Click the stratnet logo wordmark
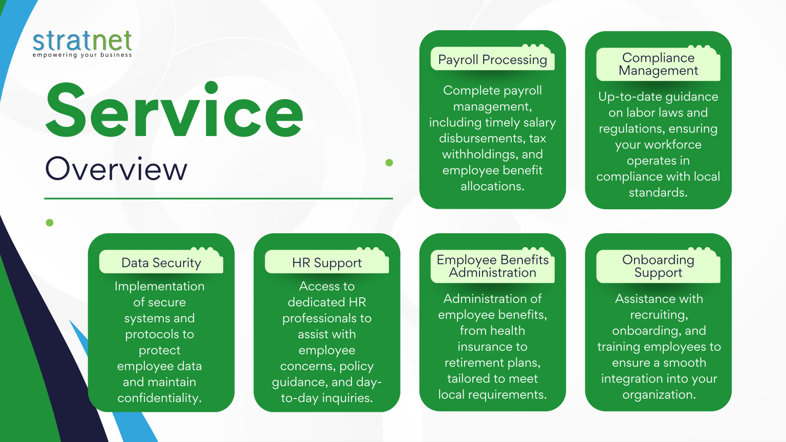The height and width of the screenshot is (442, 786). point(82,41)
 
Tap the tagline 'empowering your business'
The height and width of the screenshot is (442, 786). point(82,55)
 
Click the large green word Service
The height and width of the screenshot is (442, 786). point(174,110)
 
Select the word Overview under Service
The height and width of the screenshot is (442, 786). point(116,169)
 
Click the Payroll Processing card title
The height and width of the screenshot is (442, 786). point(493,60)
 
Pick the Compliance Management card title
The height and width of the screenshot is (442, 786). point(658,64)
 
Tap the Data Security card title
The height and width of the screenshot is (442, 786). point(161,263)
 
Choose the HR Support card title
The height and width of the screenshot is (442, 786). point(326,263)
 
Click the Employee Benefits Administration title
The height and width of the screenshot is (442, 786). point(493,266)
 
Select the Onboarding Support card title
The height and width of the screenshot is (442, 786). point(658,266)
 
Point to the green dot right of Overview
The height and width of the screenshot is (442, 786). point(389,162)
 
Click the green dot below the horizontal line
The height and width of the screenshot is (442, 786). point(50,223)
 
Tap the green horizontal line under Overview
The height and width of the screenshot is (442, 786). point(219,198)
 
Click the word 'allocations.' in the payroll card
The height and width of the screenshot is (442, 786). point(492,186)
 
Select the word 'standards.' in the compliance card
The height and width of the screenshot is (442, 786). point(658,192)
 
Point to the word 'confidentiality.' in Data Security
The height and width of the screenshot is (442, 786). point(159,398)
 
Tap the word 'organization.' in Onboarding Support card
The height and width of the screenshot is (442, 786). point(659,394)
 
